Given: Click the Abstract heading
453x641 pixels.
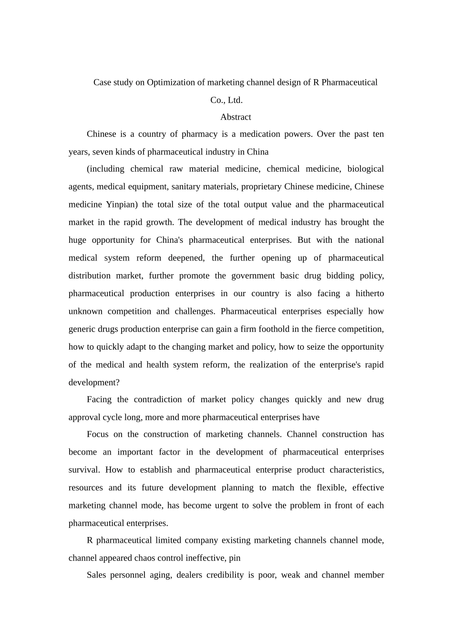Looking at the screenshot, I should point(236,117).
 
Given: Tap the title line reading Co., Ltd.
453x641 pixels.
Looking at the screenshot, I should point(226,100).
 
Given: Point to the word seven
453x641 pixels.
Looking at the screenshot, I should point(103,152).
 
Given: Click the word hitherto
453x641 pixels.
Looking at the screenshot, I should point(370,294).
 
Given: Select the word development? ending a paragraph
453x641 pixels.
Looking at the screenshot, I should point(94,383).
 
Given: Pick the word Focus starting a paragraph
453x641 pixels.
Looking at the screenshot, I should point(99,434).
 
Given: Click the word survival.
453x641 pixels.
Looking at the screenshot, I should point(84,470).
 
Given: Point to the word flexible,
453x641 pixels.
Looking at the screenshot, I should point(332,488).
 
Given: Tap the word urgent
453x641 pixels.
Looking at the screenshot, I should point(227,506).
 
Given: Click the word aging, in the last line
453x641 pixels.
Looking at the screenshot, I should point(160,575).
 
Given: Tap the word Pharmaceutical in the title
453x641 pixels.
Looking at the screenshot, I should point(350,83).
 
